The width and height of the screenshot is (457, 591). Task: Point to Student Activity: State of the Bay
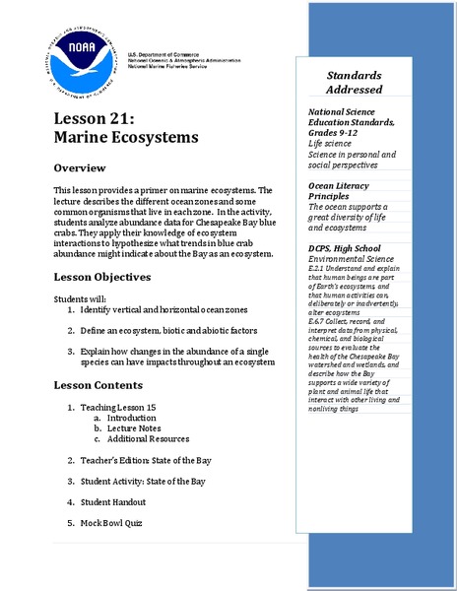143,482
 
